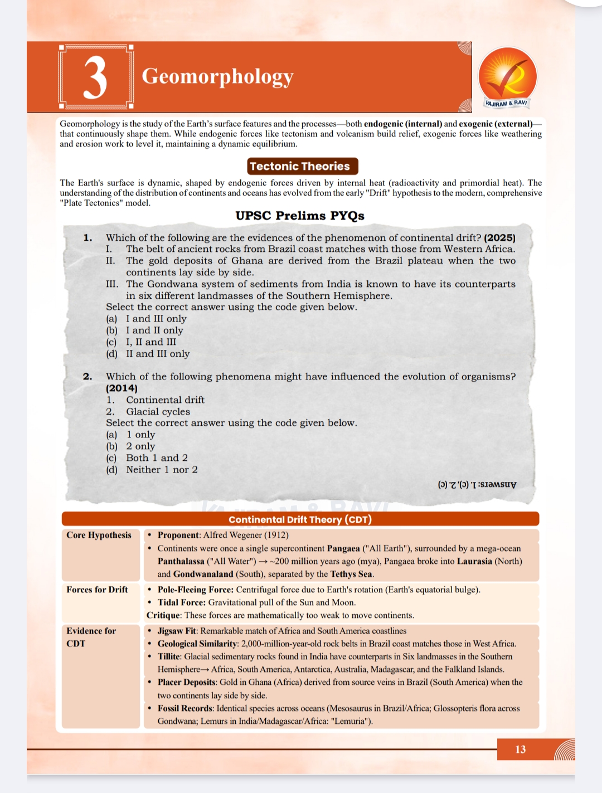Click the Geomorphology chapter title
[x=217, y=76]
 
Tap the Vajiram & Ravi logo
[x=507, y=78]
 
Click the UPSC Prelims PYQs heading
[x=300, y=216]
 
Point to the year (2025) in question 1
[x=499, y=237]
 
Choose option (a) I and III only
[x=147, y=319]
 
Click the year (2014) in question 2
[x=122, y=388]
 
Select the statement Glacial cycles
[x=158, y=412]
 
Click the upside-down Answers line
[x=477, y=484]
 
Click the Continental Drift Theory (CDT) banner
[x=300, y=519]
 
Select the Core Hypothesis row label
[x=99, y=535]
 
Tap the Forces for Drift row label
[x=97, y=590]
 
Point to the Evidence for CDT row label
[x=91, y=637]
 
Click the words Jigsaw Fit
[x=177, y=631]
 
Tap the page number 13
[x=521, y=750]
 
